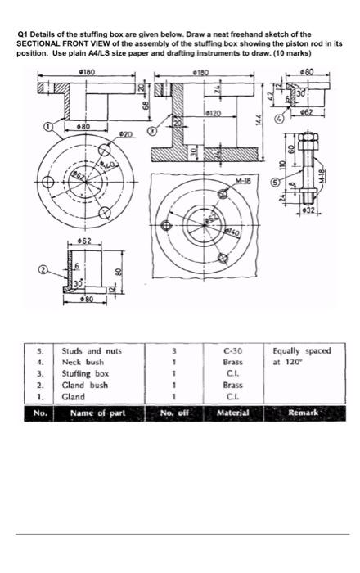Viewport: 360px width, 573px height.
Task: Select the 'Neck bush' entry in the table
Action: [83, 363]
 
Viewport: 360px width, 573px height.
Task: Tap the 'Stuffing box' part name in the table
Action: [85, 374]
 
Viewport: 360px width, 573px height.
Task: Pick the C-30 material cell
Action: [234, 351]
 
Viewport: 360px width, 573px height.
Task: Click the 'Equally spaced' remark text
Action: [302, 351]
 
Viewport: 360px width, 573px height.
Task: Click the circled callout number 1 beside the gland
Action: [47, 127]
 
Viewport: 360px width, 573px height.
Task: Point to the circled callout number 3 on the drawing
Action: [151, 131]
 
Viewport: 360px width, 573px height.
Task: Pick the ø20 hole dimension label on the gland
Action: [126, 133]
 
